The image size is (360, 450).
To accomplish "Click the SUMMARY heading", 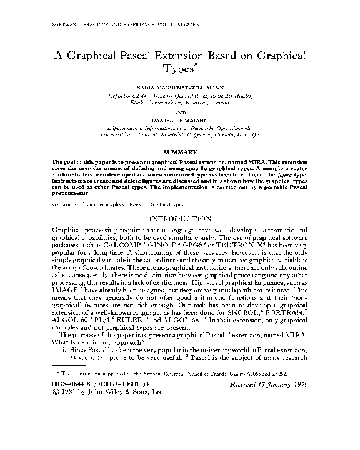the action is coord(179,152).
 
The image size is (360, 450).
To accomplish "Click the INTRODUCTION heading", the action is coord(179,219).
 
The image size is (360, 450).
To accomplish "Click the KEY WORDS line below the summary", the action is coord(118,204).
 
